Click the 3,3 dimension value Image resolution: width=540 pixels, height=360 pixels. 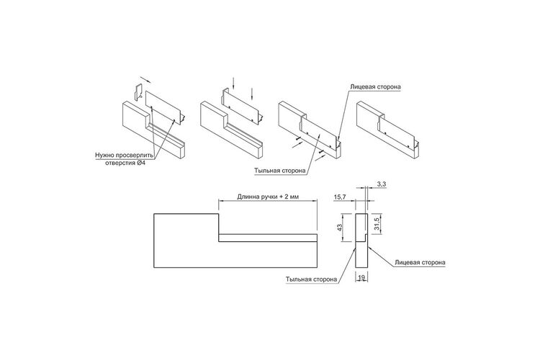pyautogui.click(x=381, y=184)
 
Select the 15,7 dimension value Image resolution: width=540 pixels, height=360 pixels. pyautogui.click(x=340, y=197)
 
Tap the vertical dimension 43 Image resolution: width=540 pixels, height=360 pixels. pyautogui.click(x=340, y=228)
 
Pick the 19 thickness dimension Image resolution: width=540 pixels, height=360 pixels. pyautogui.click(x=361, y=276)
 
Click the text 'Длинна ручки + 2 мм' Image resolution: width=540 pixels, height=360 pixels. pyautogui.click(x=268, y=197)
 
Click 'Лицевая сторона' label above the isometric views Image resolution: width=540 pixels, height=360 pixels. pyautogui.click(x=375, y=87)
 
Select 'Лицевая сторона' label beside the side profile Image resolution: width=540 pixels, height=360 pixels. pyautogui.click(x=420, y=263)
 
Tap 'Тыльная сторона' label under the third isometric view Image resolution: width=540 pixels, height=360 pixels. pyautogui.click(x=280, y=171)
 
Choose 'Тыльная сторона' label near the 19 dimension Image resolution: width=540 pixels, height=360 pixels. pyautogui.click(x=311, y=279)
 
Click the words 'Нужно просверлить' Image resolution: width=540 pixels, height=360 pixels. pyautogui.click(x=124, y=155)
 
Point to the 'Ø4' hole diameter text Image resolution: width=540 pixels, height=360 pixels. pyautogui.click(x=141, y=163)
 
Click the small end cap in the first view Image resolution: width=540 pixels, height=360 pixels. pyautogui.click(x=138, y=92)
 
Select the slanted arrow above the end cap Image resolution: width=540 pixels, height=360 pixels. pyautogui.click(x=146, y=80)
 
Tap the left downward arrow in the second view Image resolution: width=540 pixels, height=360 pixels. pyautogui.click(x=233, y=83)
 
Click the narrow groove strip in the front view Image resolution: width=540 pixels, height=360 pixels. pyautogui.click(x=268, y=238)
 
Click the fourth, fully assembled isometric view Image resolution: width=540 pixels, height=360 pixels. pyautogui.click(x=388, y=130)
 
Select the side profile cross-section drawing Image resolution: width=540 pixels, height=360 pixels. pyautogui.click(x=361, y=240)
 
